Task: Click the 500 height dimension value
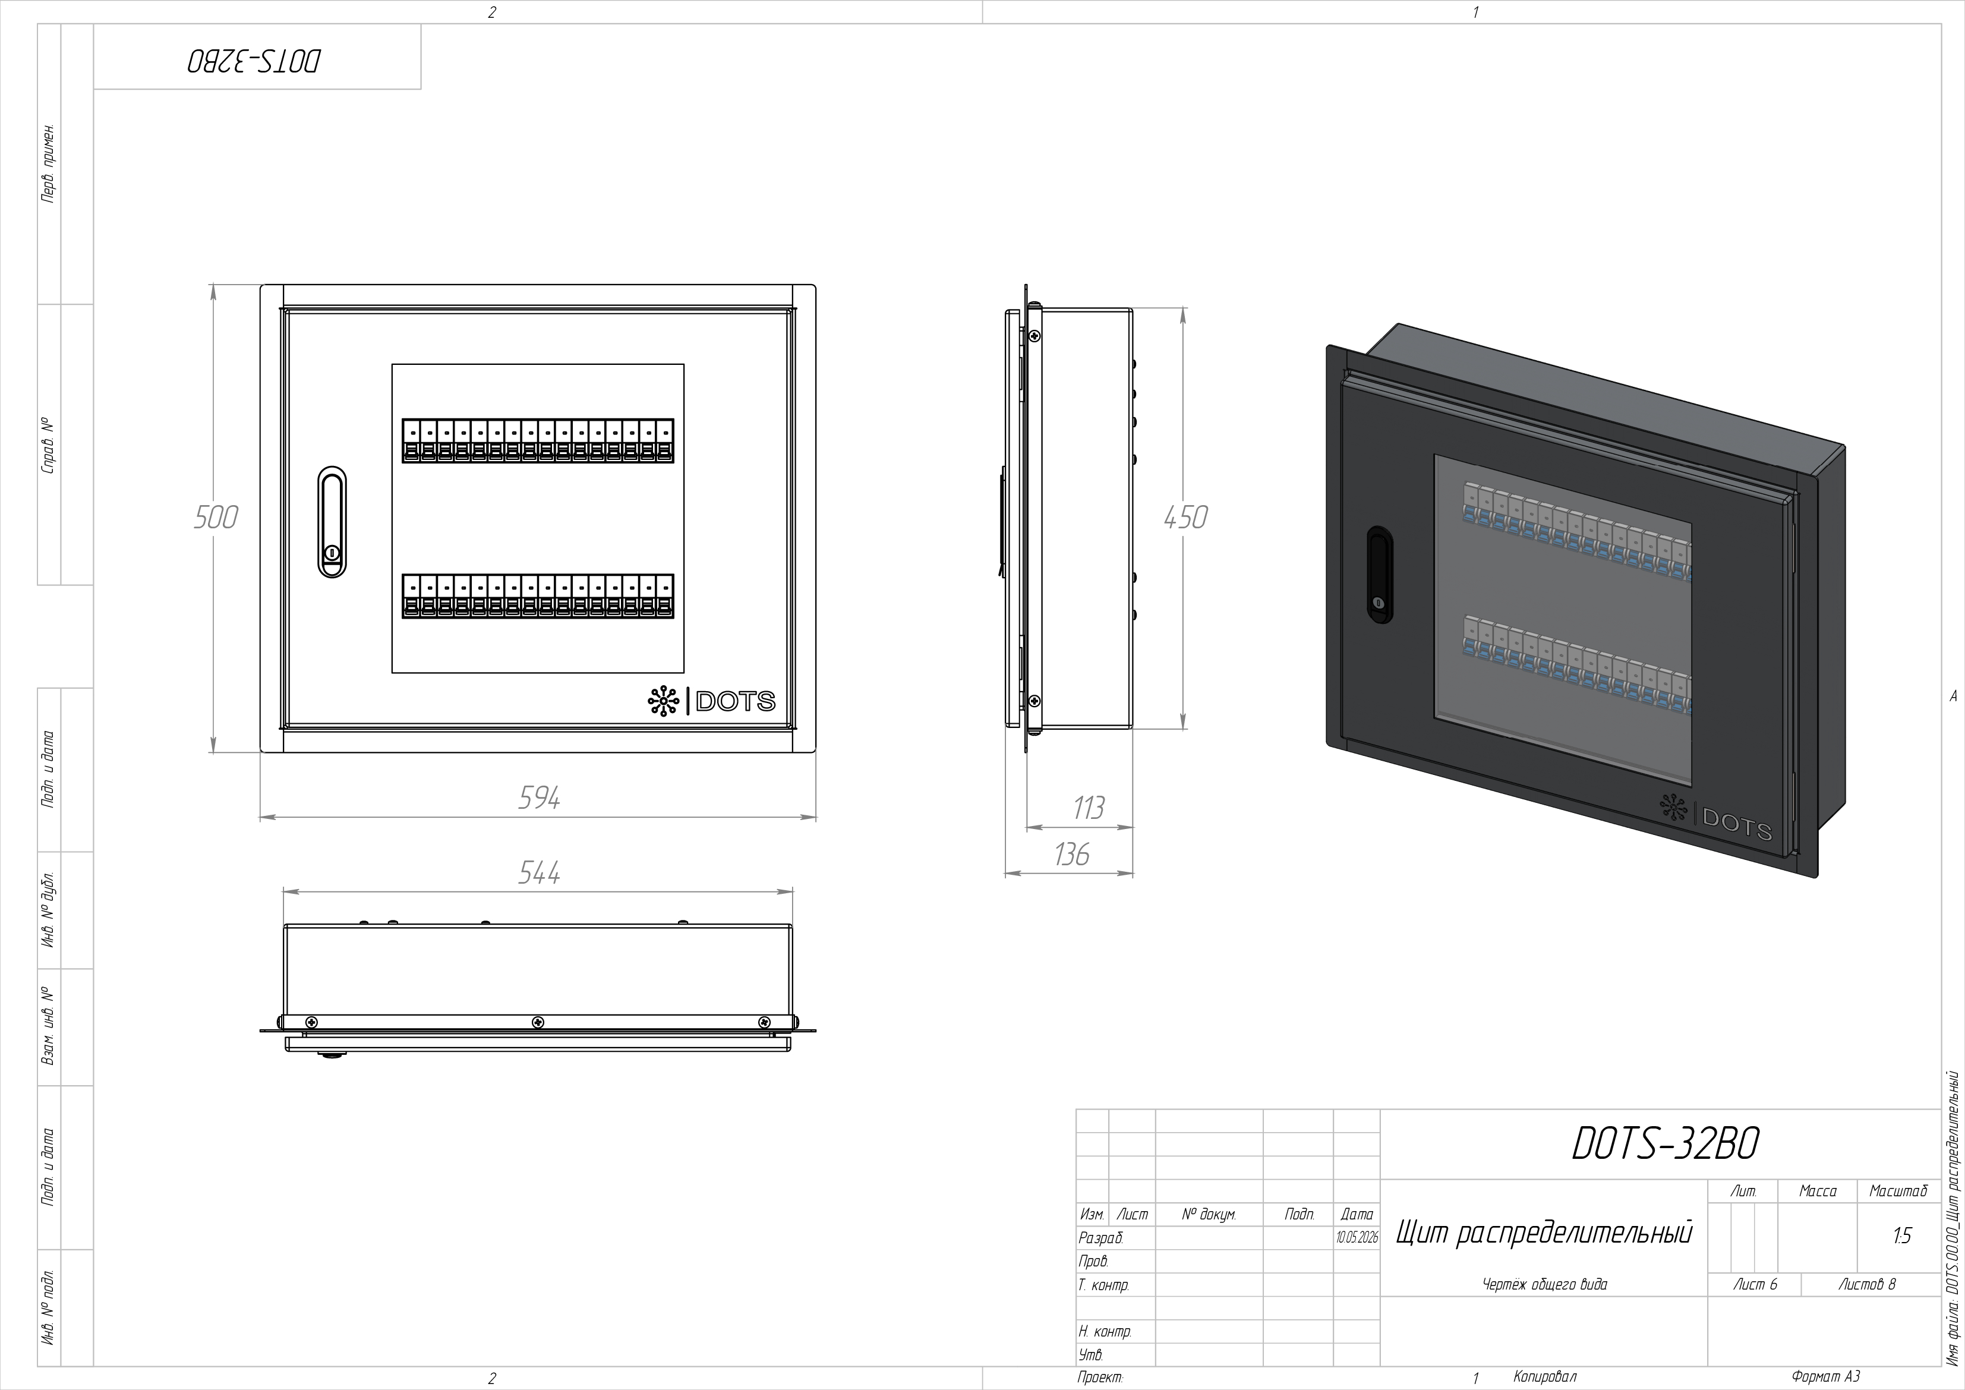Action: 215,518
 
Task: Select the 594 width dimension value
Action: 539,798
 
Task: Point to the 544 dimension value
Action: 539,872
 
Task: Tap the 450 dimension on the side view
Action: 1185,518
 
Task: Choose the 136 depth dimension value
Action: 1071,854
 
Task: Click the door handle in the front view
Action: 332,522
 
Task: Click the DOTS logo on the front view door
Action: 711,702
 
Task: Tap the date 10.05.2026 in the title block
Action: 1357,1238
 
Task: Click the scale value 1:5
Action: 1901,1236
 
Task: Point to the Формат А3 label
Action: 1825,1377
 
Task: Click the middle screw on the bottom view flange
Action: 538,1022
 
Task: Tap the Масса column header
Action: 1818,1190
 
